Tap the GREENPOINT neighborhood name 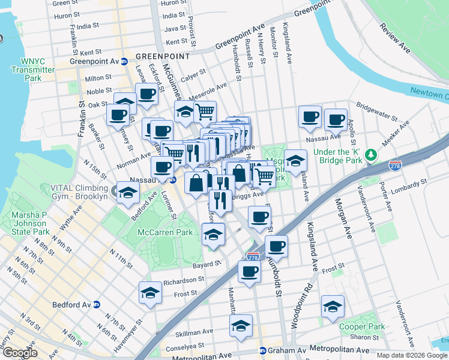pyautogui.click(x=162, y=56)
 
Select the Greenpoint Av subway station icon pyautogui.click(x=124, y=61)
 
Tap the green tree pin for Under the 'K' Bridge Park pyautogui.click(x=372, y=155)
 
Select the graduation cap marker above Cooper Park pyautogui.click(x=333, y=307)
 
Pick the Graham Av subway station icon pyautogui.click(x=262, y=350)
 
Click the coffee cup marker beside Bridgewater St pyautogui.click(x=336, y=119)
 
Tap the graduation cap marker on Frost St pyautogui.click(x=150, y=292)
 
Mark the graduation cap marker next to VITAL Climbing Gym pyautogui.click(x=127, y=193)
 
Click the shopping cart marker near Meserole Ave pyautogui.click(x=205, y=111)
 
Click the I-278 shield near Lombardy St pyautogui.click(x=395, y=164)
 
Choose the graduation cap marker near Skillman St pyautogui.click(x=240, y=326)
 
